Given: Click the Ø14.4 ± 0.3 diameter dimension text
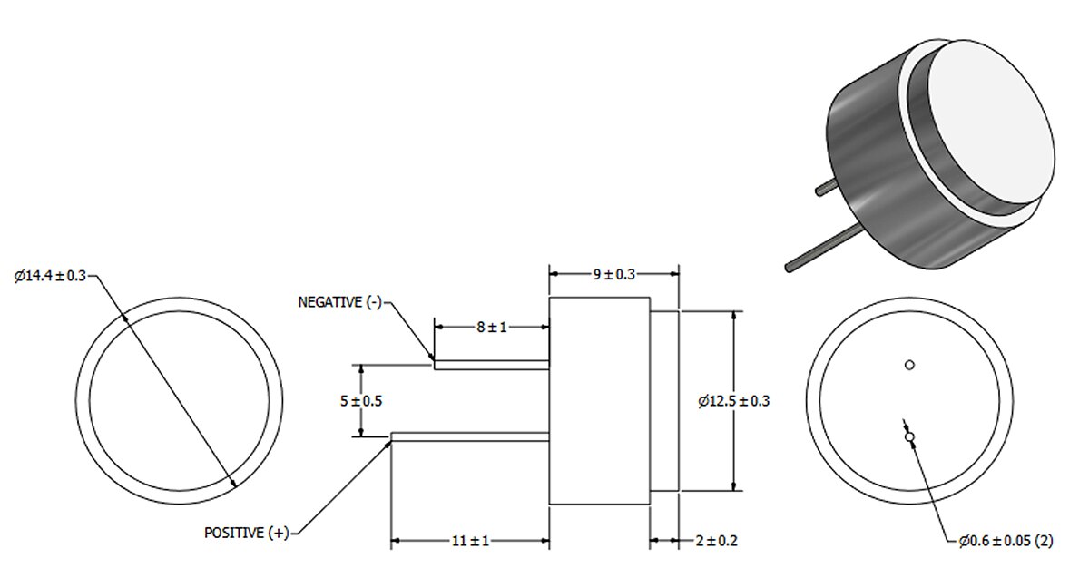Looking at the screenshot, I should tap(49, 277).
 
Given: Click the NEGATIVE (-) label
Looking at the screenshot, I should tap(339, 302).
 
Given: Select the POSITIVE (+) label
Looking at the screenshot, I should tap(246, 533).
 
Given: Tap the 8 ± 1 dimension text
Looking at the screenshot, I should tap(491, 327).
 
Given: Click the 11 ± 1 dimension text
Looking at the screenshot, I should tap(470, 541).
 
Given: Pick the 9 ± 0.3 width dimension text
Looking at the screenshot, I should tap(614, 273).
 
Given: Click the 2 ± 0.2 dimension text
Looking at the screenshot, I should tap(715, 541).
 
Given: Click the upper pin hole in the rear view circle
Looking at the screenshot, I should tap(909, 366).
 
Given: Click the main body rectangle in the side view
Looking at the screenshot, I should tap(599, 400).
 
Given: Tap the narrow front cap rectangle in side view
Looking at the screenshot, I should tap(664, 400).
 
